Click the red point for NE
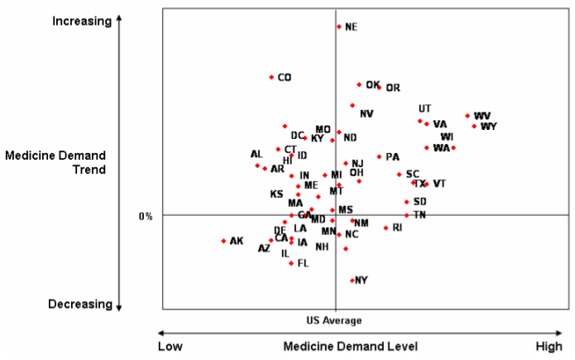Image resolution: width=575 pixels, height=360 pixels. click(x=339, y=26)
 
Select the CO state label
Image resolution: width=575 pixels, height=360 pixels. click(x=284, y=78)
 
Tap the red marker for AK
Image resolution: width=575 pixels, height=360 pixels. click(x=223, y=241)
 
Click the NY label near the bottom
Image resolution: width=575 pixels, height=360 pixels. click(x=361, y=281)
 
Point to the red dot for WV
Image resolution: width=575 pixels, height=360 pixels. click(x=467, y=116)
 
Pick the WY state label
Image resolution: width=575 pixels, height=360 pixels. click(x=489, y=127)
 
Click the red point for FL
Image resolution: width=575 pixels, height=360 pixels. click(x=291, y=263)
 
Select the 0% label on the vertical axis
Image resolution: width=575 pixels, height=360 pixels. click(x=146, y=216)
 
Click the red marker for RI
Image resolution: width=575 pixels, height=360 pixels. click(x=386, y=228)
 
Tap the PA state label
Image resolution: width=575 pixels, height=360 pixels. click(x=392, y=157)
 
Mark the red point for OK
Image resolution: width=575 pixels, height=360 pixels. click(x=359, y=84)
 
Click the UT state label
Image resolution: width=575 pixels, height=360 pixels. click(x=424, y=109)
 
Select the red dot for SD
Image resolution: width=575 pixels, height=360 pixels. click(x=406, y=202)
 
